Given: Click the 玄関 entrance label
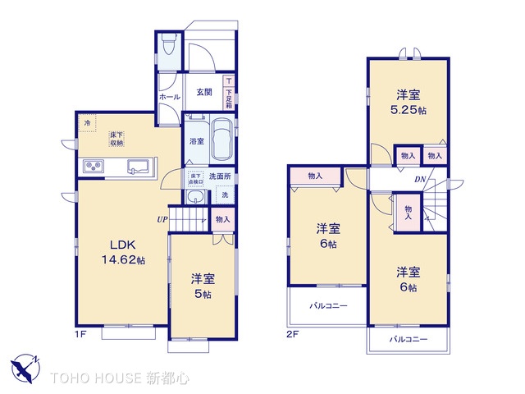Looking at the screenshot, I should click(x=205, y=92).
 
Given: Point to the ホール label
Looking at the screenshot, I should click(x=169, y=97).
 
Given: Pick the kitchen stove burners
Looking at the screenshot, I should click(x=92, y=167).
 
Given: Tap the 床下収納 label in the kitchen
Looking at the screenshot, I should click(x=116, y=139).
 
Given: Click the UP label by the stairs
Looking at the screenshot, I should click(x=162, y=219).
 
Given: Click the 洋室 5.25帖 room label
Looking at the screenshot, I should click(x=408, y=101).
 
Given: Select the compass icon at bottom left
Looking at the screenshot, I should click(x=24, y=366).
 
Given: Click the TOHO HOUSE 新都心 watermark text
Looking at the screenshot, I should click(x=120, y=378).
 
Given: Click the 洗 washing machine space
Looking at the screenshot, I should click(x=225, y=195).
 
